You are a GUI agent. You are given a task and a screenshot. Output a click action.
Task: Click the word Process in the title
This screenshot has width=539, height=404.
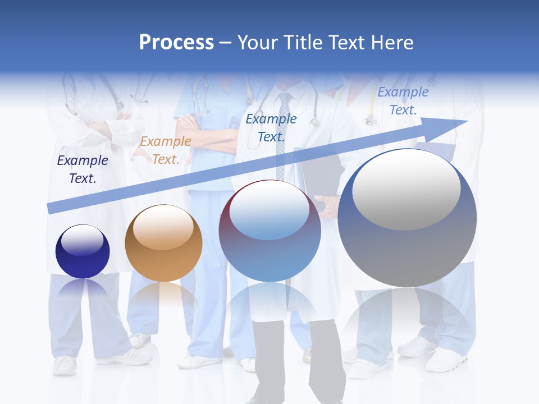point(176,43)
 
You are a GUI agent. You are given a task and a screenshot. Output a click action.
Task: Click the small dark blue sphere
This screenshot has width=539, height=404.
point(83,251)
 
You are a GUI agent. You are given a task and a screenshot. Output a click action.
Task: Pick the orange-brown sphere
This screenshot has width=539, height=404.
point(163,244)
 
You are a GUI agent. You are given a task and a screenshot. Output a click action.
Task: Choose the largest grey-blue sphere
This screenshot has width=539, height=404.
point(407,218)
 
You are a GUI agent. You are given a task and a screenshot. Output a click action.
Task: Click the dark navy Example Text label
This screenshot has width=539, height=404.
point(83,169)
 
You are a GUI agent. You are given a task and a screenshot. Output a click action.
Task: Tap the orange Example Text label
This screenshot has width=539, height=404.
point(166,150)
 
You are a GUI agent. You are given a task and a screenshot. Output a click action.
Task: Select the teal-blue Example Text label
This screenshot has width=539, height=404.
point(271,127)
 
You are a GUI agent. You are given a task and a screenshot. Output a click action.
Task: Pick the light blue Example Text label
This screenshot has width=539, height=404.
point(403,101)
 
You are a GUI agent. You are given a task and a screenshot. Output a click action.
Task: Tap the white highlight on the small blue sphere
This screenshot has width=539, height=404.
point(82,240)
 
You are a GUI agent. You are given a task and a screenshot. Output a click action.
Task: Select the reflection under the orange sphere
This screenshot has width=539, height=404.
point(163,297)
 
